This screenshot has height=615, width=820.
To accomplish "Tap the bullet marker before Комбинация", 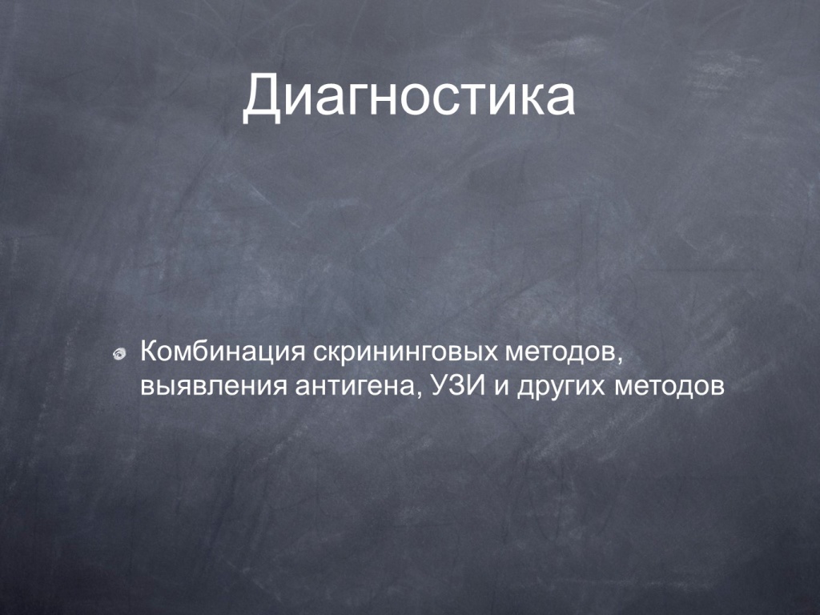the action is point(119,354).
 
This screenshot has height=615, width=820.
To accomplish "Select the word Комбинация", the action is point(223,352).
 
